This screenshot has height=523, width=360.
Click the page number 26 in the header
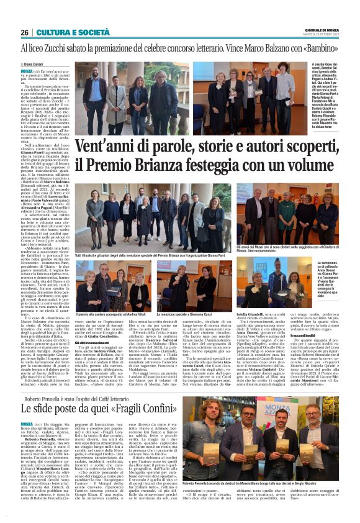[x=25, y=33]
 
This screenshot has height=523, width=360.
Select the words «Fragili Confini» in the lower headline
[x=128, y=409]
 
